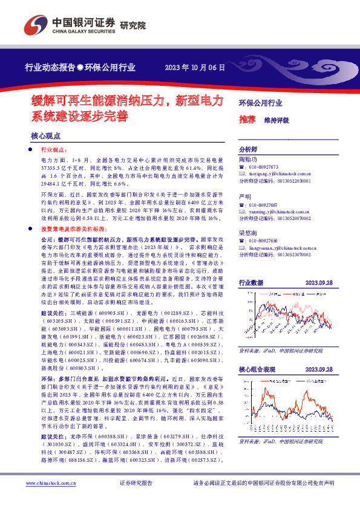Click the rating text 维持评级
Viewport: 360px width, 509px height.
(276, 120)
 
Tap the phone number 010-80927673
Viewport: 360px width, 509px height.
(263, 167)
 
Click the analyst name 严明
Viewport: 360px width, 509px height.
(244, 197)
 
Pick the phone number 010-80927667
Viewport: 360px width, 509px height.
(263, 205)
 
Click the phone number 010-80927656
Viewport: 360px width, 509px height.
(263, 241)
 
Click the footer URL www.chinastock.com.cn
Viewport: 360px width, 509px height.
(48, 482)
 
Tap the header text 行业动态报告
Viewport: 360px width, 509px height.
(49, 66)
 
